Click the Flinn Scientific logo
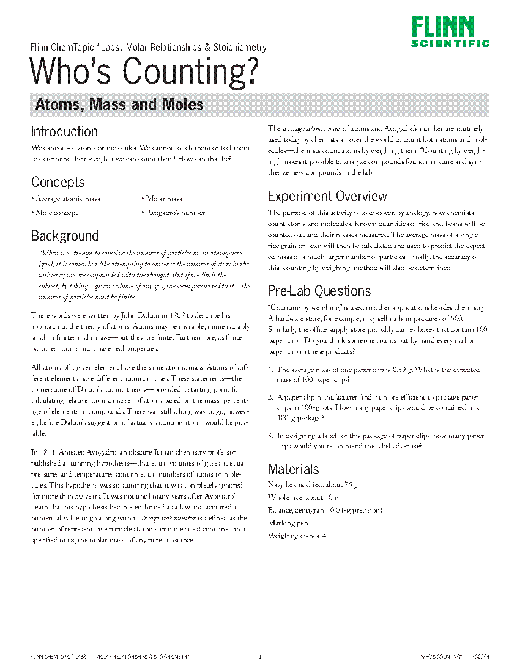click(450, 32)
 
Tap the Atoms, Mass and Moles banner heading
click(119, 105)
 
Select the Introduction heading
click(64, 131)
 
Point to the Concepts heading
click(58, 182)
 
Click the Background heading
click(64, 236)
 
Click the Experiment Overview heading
click(327, 196)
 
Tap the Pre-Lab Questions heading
click(319, 291)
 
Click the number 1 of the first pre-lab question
click(270, 370)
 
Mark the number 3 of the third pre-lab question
click(270, 436)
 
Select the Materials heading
click(294, 469)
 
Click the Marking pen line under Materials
click(288, 523)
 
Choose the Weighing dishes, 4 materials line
click(297, 536)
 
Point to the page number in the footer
click(260, 657)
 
